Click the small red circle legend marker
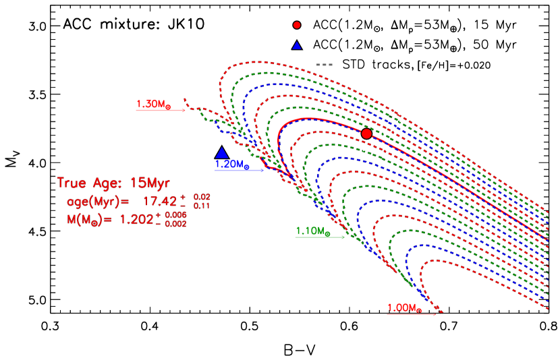tap(297, 25)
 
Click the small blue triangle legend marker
tap(297, 46)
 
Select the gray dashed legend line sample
tap(325, 65)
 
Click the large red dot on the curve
tap(366, 133)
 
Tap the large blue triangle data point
tap(222, 153)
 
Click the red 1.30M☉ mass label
tap(153, 104)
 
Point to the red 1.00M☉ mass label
tap(404, 308)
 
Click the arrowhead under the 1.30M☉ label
tap(184, 110)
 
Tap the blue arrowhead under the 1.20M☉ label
tap(262, 170)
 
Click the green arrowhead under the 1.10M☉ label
tap(343, 237)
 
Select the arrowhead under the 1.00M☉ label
tap(434, 314)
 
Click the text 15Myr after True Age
tap(152, 183)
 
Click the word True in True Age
tap(72, 183)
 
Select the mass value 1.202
tap(137, 219)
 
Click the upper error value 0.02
tap(202, 197)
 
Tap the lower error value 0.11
tap(202, 206)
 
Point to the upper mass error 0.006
tap(175, 214)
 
